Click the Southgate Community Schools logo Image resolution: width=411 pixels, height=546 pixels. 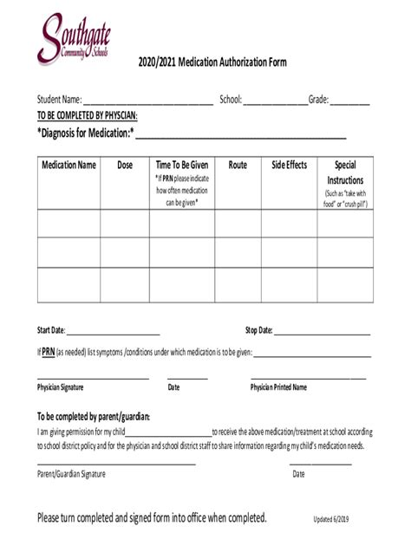click(74, 39)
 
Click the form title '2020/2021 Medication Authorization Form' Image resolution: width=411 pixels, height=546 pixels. click(212, 63)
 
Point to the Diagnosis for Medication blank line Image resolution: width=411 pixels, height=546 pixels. click(240, 135)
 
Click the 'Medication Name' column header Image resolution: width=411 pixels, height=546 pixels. click(68, 165)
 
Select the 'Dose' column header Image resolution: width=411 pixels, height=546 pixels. click(125, 165)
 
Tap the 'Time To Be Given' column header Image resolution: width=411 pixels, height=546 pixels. click(182, 165)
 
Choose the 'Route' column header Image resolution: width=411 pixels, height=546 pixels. click(238, 165)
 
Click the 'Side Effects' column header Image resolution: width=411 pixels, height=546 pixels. click(289, 165)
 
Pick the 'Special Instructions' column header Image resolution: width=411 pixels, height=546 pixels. click(345, 171)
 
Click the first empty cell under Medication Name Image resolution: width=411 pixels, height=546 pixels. click(68, 224)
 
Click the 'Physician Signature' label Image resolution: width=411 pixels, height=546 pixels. click(61, 387)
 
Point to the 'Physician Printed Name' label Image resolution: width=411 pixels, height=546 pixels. click(278, 387)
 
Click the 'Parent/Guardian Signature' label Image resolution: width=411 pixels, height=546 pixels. click(71, 474)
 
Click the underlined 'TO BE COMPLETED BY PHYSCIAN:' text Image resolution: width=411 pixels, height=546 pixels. click(87, 115)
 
